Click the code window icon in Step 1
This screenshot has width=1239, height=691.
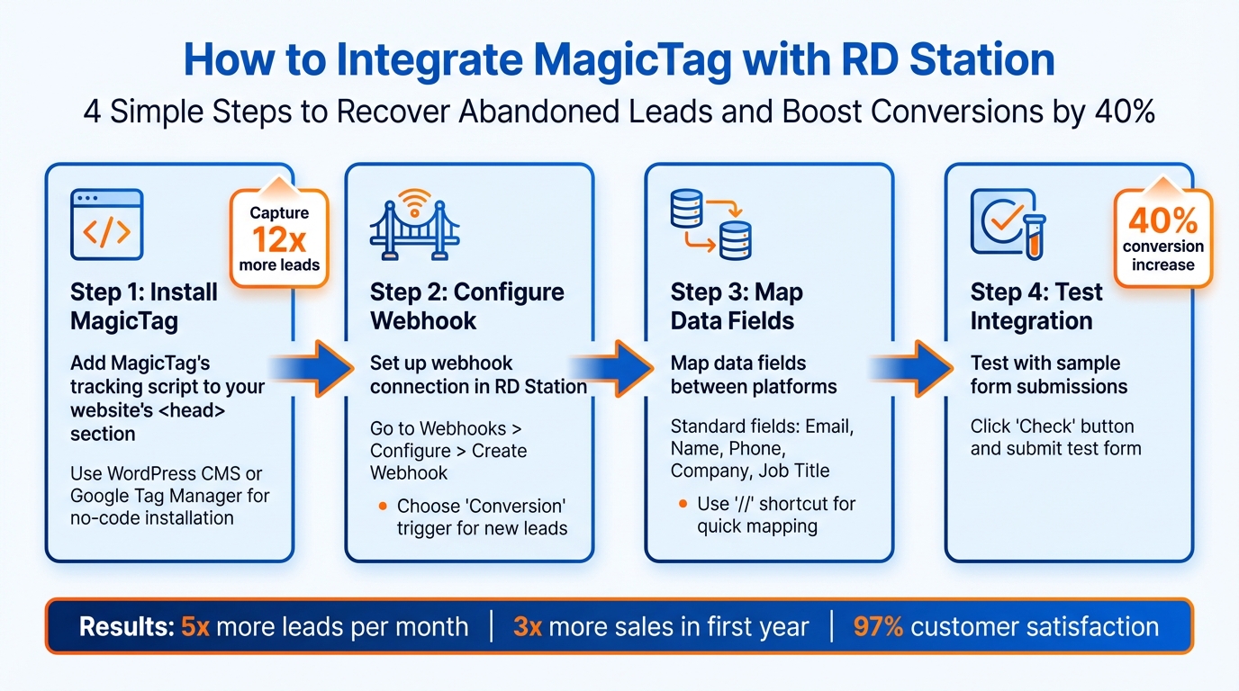tap(106, 226)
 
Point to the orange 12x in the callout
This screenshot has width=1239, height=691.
tap(278, 240)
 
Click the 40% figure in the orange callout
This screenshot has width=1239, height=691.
tap(1162, 221)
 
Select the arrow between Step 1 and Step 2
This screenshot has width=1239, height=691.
tap(312, 366)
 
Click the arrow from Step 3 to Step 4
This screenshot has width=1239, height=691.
tap(911, 366)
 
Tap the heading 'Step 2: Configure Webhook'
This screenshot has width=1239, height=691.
tap(466, 306)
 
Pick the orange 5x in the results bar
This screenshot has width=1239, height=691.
tap(194, 627)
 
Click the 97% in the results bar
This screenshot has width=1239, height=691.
tap(878, 627)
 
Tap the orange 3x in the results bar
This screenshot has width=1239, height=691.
tap(527, 627)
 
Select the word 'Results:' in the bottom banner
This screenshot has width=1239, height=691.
tap(126, 627)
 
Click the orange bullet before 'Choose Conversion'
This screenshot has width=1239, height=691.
tap(383, 506)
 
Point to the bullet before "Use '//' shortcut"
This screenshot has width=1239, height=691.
tap(683, 504)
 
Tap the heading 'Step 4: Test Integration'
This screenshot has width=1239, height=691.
tap(1036, 306)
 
